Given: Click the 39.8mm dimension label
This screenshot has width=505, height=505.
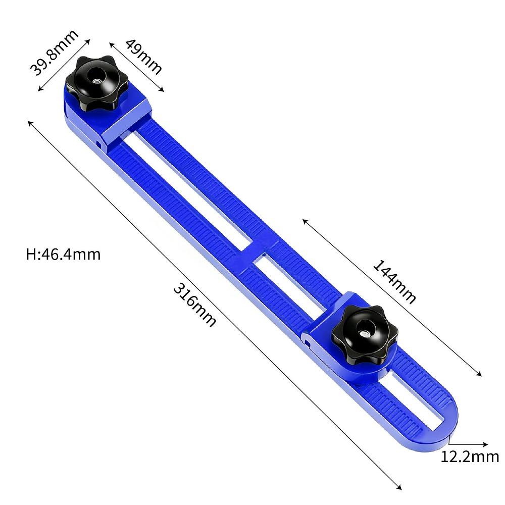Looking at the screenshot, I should coord(55,53).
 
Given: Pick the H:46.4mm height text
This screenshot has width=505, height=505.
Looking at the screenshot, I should coord(63,254).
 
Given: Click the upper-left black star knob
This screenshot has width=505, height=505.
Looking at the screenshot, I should coord(96,85).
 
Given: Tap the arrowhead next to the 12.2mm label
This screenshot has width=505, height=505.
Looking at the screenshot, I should coord(485,444).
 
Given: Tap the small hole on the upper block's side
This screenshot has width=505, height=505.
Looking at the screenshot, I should coord(100,143).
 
